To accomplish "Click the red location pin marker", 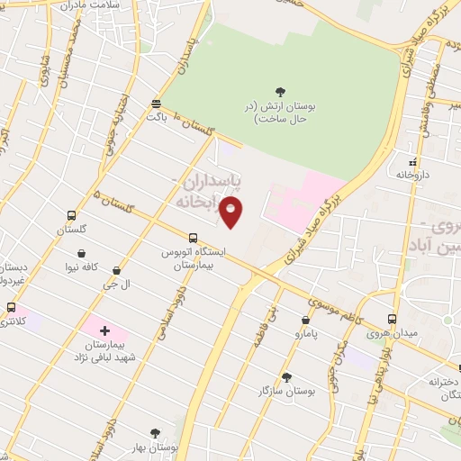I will click(x=231, y=212).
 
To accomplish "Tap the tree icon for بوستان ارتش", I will click(x=280, y=91).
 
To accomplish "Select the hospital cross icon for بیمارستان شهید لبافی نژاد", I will click(x=104, y=331).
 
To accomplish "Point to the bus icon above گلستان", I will click(x=71, y=215).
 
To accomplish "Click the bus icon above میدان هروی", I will click(x=392, y=319).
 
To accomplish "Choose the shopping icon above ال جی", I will click(x=116, y=270).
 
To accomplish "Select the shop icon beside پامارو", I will click(x=306, y=320).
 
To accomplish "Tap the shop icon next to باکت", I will click(x=157, y=104).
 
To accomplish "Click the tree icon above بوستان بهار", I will click(x=154, y=434).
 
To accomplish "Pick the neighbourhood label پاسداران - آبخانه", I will click(x=206, y=192).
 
